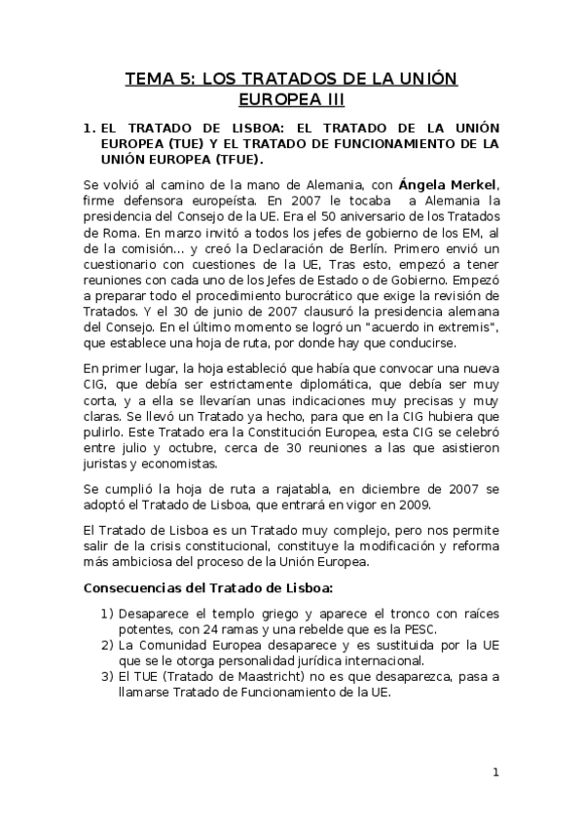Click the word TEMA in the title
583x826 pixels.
point(145,78)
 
